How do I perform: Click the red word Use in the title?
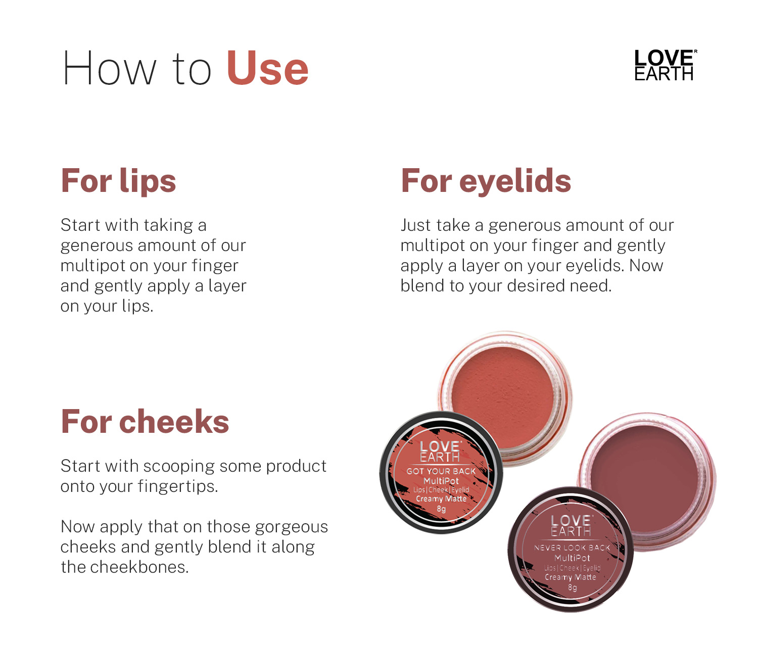[x=267, y=68]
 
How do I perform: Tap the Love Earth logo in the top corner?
[x=665, y=65]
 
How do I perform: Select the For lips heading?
[x=118, y=181]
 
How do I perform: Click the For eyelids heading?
[x=486, y=180]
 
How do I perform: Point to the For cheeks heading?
[x=145, y=422]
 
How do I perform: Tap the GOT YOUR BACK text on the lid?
[x=441, y=471]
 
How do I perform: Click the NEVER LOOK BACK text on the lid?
[x=572, y=547]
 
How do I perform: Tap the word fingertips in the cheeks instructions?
[x=178, y=487]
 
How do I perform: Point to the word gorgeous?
[x=291, y=528]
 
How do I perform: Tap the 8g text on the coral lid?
[x=441, y=509]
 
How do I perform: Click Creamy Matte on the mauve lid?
[x=570, y=577]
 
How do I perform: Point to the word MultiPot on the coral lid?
[x=441, y=481]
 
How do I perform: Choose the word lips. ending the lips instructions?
[x=137, y=307]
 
